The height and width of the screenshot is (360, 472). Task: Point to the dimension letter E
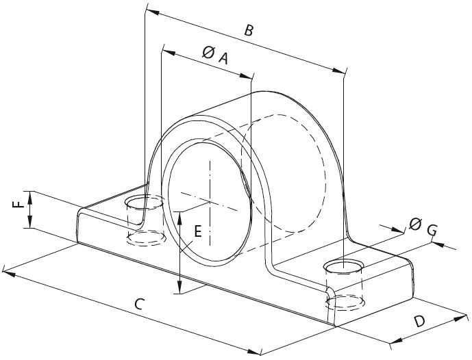pyautogui.click(x=197, y=232)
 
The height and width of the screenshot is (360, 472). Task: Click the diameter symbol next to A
pyautogui.click(x=208, y=52)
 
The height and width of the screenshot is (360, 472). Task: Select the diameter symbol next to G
pyautogui.click(x=415, y=223)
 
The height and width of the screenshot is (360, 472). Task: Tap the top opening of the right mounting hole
pyautogui.click(x=344, y=266)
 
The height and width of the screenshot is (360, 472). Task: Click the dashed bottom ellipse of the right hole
pyautogui.click(x=345, y=302)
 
